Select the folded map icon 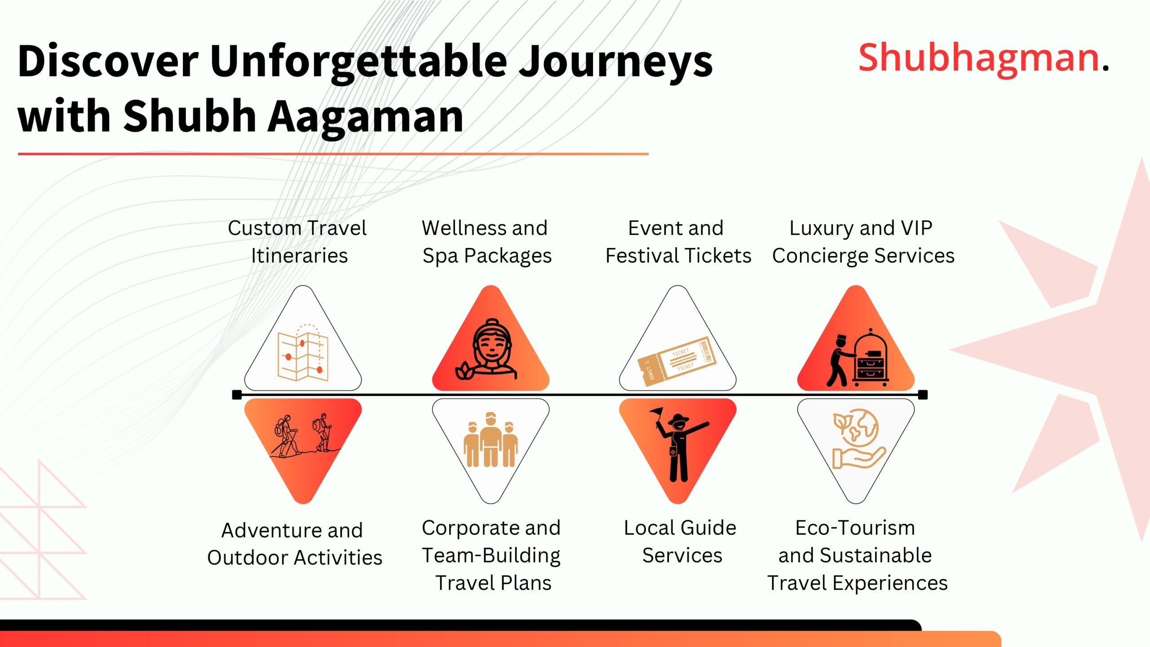tap(302, 353)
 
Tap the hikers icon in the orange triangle tap(304, 436)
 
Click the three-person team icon tap(490, 440)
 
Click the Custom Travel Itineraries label tap(297, 242)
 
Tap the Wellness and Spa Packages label tap(486, 242)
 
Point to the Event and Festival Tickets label tap(677, 242)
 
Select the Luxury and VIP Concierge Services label tap(862, 242)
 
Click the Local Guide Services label tap(680, 541)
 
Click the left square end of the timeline tap(237, 395)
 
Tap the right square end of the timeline tap(923, 395)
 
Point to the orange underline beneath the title tap(332, 154)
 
